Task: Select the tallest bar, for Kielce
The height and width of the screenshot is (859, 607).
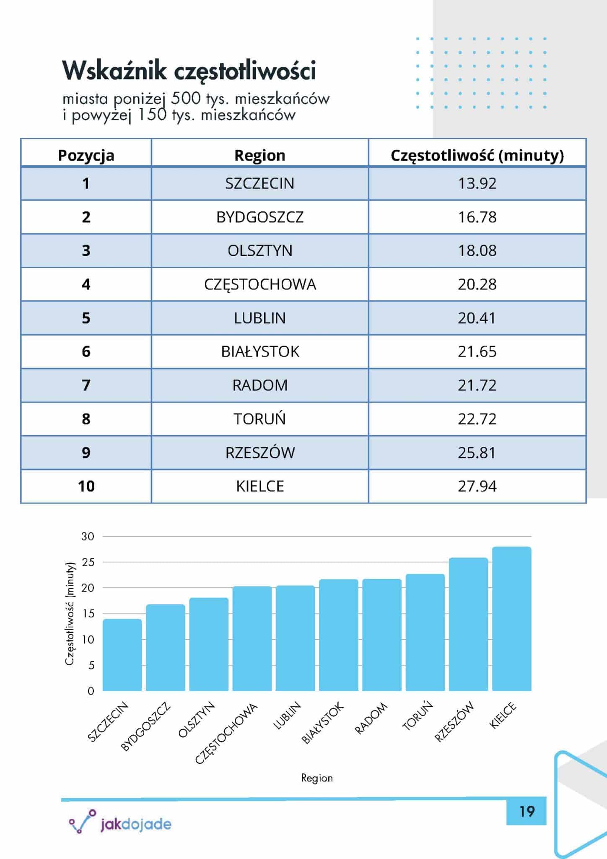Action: (x=511, y=619)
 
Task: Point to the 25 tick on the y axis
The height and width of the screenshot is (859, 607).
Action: (x=88, y=562)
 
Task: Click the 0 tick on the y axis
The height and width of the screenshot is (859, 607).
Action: (x=91, y=691)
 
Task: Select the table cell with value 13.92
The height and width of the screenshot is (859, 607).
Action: (x=477, y=183)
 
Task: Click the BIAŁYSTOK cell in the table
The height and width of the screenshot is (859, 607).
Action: (x=260, y=351)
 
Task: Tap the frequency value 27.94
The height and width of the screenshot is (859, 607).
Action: (x=477, y=486)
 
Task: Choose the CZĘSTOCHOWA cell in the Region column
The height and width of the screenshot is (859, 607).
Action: (x=260, y=284)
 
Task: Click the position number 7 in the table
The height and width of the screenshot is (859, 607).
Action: (x=86, y=385)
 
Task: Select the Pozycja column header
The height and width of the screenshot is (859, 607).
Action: (x=86, y=155)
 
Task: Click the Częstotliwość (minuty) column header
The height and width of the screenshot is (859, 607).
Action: (x=477, y=155)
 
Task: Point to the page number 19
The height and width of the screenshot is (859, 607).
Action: (x=527, y=812)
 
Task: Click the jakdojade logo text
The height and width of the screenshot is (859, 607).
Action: (x=136, y=824)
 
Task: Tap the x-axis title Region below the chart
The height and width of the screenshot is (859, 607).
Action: (x=317, y=778)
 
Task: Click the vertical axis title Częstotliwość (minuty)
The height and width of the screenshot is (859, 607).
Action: (x=70, y=613)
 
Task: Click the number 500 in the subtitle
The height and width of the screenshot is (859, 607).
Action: (x=186, y=99)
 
